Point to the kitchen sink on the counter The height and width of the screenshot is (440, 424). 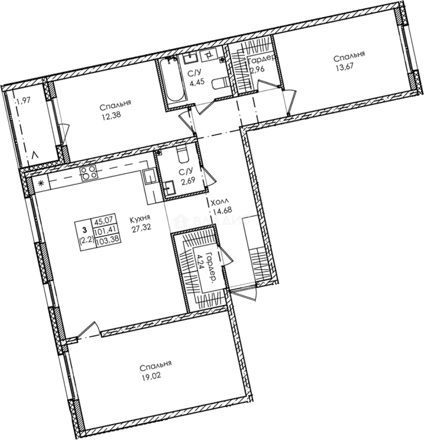(x=149, y=178)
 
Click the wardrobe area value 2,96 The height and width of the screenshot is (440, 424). (x=258, y=70)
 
